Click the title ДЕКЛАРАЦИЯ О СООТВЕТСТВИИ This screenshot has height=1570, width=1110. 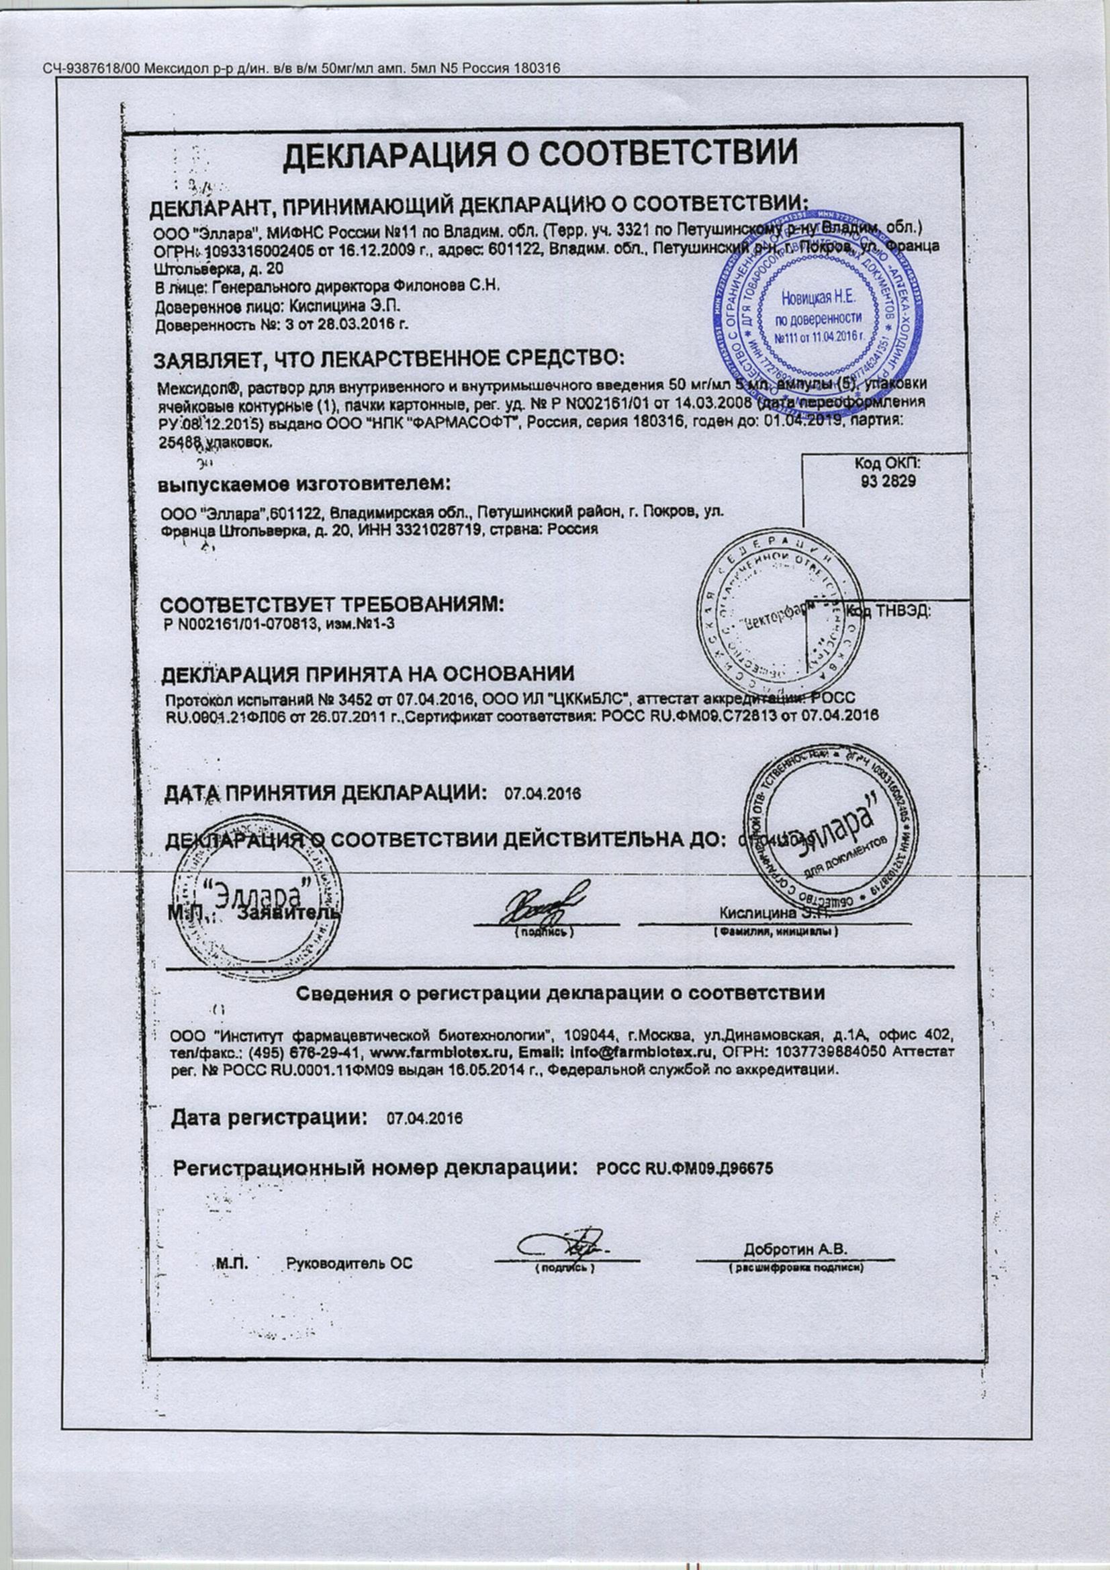(541, 154)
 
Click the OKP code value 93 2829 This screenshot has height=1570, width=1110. (887, 481)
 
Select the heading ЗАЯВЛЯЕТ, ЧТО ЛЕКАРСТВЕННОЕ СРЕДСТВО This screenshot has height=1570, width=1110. (388, 359)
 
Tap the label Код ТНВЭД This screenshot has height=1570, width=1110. (889, 612)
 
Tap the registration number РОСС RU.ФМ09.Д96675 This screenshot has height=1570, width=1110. (685, 1168)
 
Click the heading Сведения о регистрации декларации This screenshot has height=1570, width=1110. (560, 994)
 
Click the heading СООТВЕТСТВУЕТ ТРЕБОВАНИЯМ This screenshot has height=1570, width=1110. (332, 605)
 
